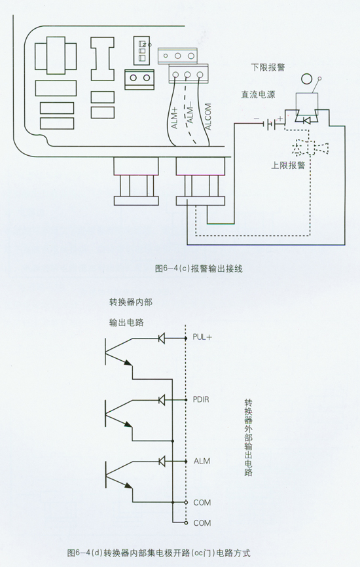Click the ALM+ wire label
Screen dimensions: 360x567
[x=174, y=118]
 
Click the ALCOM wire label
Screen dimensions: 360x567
[x=208, y=117]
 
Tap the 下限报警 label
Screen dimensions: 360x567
[x=268, y=67]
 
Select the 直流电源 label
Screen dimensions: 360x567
[x=258, y=95]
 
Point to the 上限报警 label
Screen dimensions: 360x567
[x=288, y=165]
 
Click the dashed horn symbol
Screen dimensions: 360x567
[x=311, y=147]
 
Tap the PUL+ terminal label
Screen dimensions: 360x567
[x=202, y=337]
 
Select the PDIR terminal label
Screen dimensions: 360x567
[x=200, y=399]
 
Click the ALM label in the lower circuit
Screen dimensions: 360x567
[x=202, y=461]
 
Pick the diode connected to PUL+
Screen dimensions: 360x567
[x=162, y=338]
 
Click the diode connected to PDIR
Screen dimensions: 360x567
[x=162, y=399]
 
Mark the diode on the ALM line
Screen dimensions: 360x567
[x=162, y=461]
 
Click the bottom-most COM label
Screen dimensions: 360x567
[x=202, y=523]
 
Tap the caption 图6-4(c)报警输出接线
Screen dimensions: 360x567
[x=198, y=268]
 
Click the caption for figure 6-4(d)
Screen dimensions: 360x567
[x=158, y=553]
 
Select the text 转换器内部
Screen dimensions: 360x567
[x=131, y=302]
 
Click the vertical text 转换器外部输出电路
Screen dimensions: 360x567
[x=248, y=437]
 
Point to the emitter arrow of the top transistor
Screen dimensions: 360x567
[x=127, y=363]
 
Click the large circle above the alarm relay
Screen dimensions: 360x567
[x=307, y=79]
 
